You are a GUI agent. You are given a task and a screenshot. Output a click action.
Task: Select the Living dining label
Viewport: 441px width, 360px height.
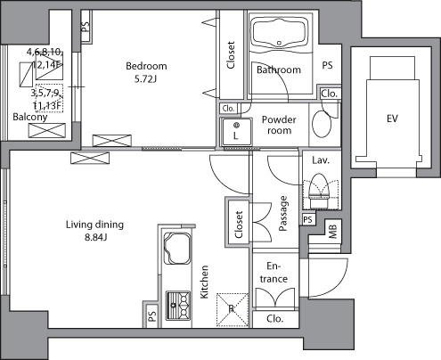pos(94,224)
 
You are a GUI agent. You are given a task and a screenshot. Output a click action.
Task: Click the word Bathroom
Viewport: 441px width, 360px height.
pos(278,70)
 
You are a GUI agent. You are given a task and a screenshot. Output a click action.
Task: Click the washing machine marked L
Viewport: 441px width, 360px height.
pos(237,131)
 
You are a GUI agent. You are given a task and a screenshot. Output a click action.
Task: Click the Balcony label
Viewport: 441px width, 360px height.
pos(24,117)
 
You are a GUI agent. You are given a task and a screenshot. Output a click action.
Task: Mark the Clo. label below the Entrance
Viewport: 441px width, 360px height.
pos(275,317)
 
